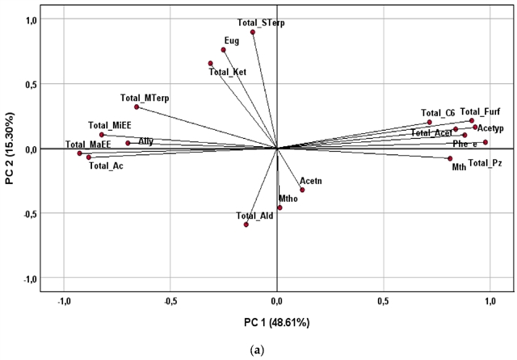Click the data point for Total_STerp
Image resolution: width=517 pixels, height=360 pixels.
253,32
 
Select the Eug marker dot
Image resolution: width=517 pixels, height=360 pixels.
223,50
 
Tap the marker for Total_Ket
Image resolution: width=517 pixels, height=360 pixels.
211,63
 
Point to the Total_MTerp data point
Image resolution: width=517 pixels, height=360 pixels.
137,107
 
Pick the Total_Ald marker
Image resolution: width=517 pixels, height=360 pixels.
246,224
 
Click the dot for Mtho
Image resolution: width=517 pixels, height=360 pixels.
280,207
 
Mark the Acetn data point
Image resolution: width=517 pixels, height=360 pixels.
302,190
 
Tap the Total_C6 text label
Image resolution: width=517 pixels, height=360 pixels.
438,112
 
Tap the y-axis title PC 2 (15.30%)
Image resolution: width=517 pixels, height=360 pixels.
11,150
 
